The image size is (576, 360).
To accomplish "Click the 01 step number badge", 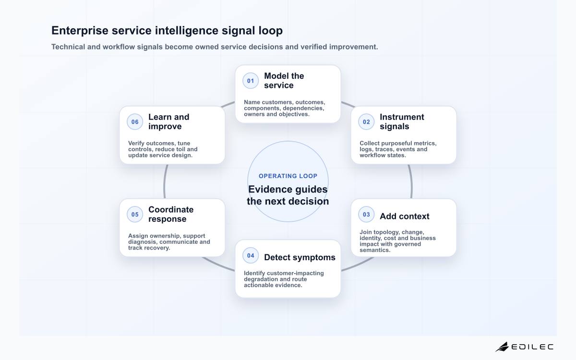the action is point(251,81).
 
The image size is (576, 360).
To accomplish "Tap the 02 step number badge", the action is point(366,122).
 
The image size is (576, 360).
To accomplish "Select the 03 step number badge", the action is point(366,215).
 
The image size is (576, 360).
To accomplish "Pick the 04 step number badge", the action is point(251,255).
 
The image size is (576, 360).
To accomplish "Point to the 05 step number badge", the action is point(135,215).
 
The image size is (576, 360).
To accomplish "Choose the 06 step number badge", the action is point(135,122).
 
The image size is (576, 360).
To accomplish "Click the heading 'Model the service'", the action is point(284,81).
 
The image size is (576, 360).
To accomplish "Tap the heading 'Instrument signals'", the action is point(402,121).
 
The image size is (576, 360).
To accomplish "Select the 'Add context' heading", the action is point(405,216).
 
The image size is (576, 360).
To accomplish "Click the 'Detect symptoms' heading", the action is point(300,257).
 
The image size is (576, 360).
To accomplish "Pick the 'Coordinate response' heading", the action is point(171,214).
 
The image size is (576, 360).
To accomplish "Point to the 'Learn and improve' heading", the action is point(168,121).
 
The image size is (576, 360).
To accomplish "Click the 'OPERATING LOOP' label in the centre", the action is point(288,176).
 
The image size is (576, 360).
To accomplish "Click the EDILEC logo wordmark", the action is point(532,347).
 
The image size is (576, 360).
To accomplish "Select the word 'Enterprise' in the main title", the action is point(80,31).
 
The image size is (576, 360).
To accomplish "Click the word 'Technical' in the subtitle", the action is point(68,47).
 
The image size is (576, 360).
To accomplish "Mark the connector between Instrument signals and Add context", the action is point(411,181).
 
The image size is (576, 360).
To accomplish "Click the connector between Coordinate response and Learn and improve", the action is point(165,181).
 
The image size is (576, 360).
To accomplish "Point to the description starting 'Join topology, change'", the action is point(397,241).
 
